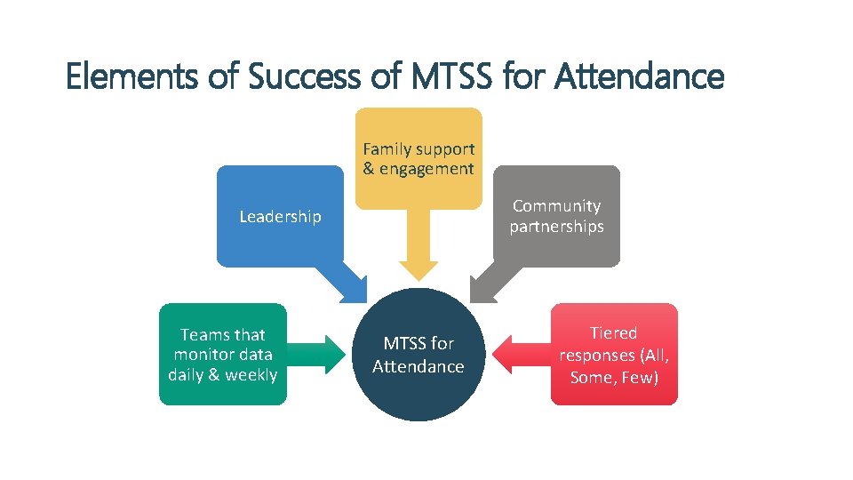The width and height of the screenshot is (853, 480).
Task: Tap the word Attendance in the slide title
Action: pyautogui.click(x=639, y=77)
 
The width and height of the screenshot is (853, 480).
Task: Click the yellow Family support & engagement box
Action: pyautogui.click(x=419, y=158)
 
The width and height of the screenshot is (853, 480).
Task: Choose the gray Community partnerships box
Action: pyautogui.click(x=556, y=216)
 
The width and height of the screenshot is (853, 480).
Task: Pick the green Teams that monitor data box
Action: pyautogui.click(x=223, y=354)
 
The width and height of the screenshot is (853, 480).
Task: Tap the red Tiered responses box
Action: pyautogui.click(x=614, y=354)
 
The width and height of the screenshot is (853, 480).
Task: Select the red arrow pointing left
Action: pyautogui.click(x=520, y=355)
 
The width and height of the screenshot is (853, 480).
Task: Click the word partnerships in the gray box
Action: pyautogui.click(x=556, y=227)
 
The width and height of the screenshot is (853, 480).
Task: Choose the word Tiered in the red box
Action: pyautogui.click(x=614, y=333)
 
